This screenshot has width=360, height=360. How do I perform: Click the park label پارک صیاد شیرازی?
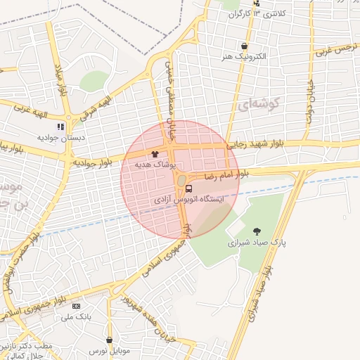click(x=258, y=243)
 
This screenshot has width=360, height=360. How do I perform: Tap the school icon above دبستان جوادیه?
click(x=61, y=127)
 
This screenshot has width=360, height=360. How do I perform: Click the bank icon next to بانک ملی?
click(x=77, y=307)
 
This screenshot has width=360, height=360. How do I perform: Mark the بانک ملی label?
click(x=78, y=318)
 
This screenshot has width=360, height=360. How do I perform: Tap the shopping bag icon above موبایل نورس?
click(x=110, y=340)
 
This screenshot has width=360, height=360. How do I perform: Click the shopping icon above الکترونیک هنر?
click(x=244, y=46)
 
